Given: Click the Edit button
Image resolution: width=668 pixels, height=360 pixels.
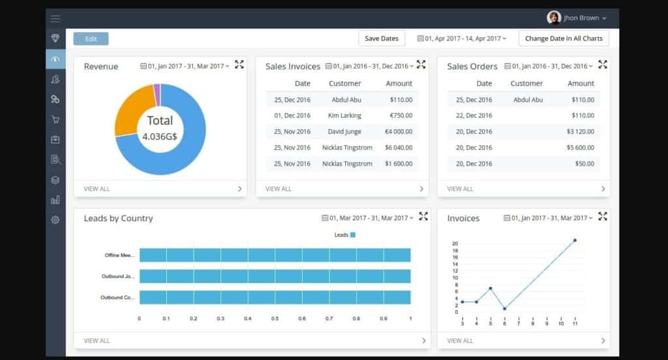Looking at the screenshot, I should click(91, 38).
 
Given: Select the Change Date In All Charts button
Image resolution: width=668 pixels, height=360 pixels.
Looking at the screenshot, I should click(564, 38).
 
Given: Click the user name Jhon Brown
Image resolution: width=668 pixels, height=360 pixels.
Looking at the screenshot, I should click(581, 18).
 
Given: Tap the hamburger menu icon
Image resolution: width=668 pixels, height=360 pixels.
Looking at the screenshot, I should click(55, 18).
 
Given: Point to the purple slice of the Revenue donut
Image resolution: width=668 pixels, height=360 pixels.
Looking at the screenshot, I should click(157, 94).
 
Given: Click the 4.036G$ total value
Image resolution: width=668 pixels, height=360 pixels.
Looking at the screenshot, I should click(160, 137).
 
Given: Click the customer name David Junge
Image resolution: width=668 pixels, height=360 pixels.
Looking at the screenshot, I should click(345, 132).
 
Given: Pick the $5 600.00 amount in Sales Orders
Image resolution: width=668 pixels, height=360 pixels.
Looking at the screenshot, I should click(580, 147).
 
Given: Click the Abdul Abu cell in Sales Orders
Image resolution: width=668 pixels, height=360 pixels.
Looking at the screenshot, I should click(528, 100).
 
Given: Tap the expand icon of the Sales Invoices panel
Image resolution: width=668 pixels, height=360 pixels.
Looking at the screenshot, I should click(421, 64).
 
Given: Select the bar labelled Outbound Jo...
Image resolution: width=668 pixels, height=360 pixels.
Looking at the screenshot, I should click(275, 277).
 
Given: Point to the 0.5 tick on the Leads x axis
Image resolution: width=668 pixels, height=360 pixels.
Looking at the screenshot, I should click(275, 319).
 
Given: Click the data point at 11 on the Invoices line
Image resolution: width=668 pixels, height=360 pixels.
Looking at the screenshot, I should click(575, 241).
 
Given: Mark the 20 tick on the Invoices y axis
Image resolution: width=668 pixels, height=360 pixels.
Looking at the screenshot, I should click(455, 244).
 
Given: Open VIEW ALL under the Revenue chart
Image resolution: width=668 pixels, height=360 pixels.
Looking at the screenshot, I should click(97, 189).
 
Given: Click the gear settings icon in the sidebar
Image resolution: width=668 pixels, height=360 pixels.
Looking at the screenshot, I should click(55, 220).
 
